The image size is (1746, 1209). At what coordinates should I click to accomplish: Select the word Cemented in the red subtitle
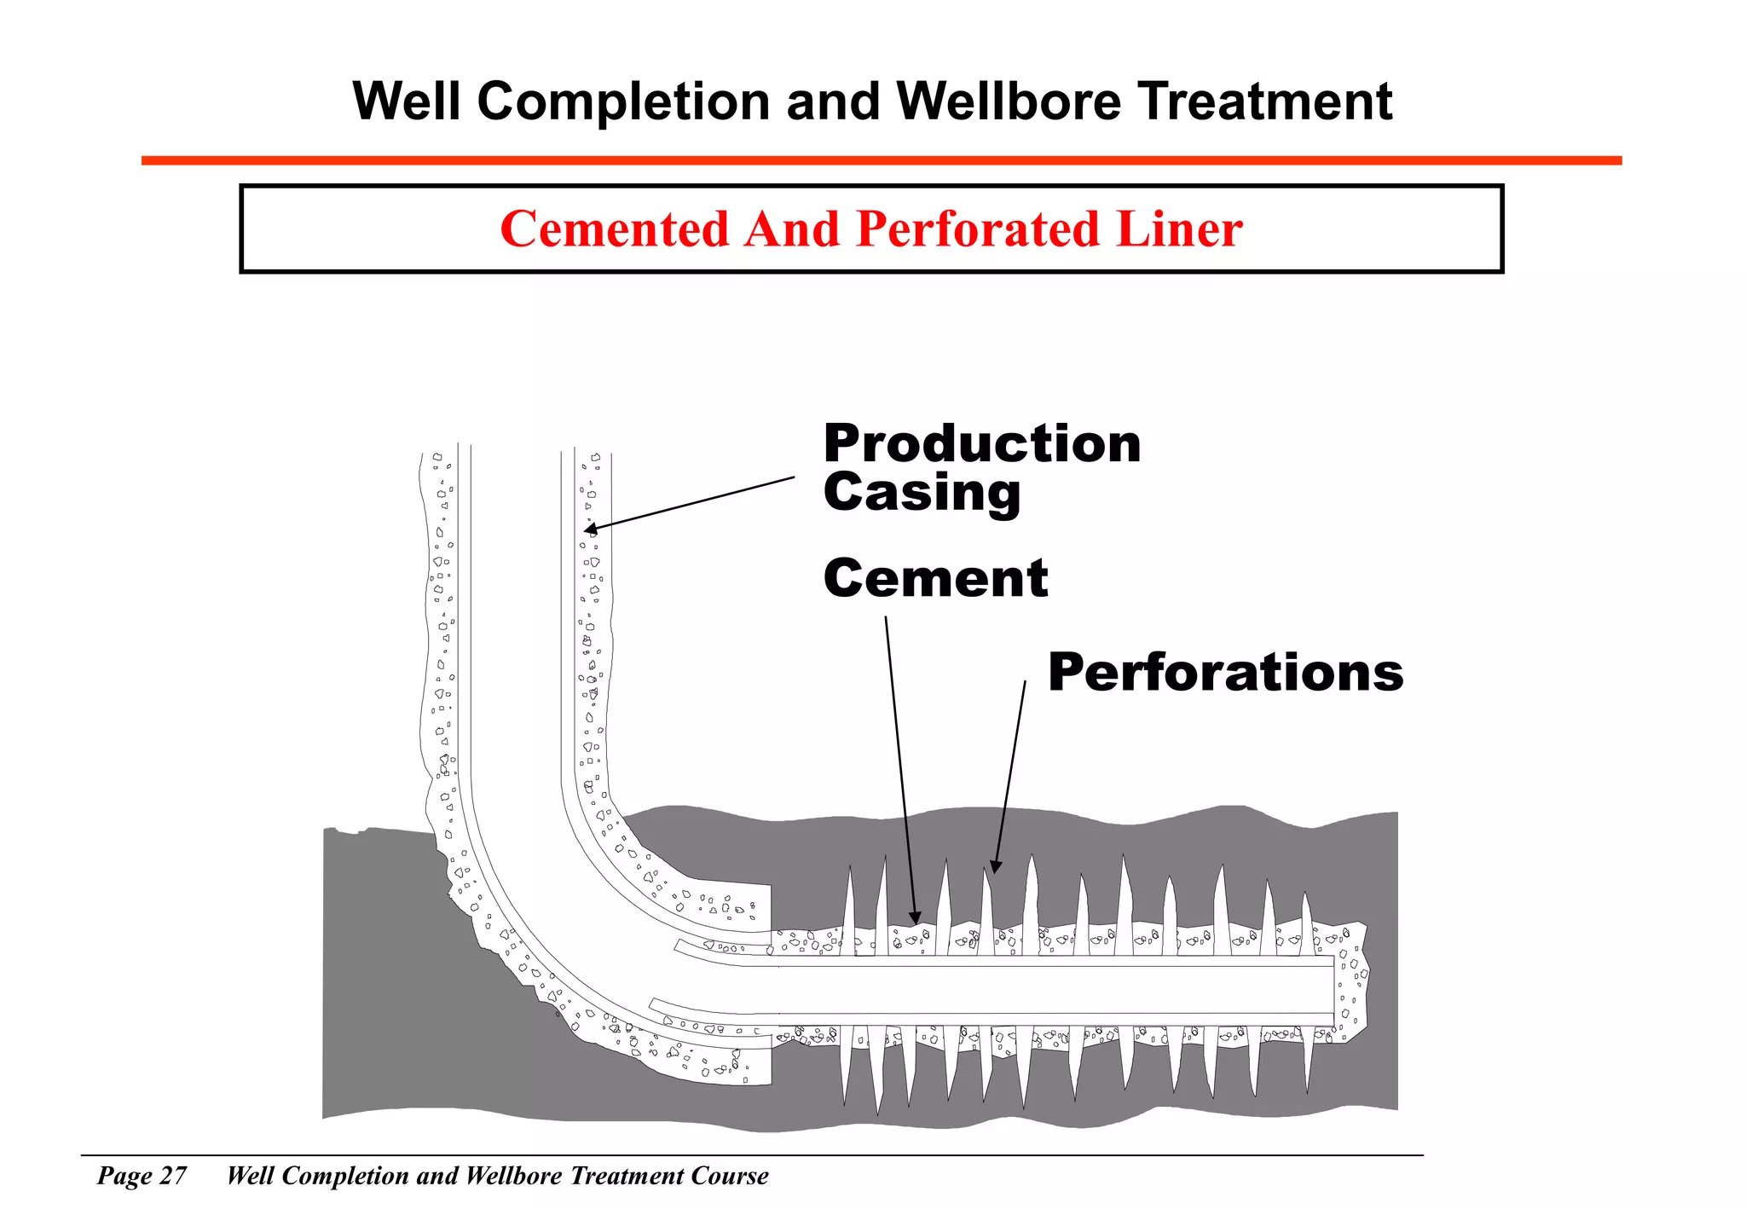(615, 229)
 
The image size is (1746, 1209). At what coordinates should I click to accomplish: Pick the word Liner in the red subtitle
(1179, 229)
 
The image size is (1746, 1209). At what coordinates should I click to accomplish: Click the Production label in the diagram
(981, 444)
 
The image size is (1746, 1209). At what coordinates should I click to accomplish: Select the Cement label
(935, 579)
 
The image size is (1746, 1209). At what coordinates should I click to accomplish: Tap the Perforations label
(1225, 673)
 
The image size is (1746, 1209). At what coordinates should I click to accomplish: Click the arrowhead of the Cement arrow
(915, 918)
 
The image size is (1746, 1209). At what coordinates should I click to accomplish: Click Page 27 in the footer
(142, 1177)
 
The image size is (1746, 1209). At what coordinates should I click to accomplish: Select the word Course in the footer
(729, 1177)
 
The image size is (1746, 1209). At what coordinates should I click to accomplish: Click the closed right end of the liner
(1333, 990)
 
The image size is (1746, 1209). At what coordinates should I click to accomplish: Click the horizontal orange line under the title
(881, 160)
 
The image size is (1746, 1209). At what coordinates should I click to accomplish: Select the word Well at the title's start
(408, 101)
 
